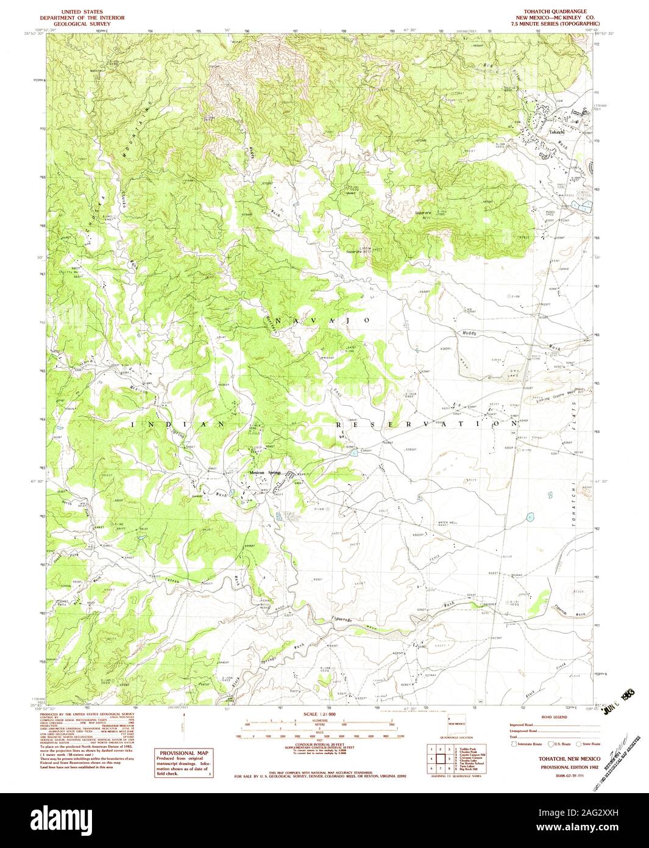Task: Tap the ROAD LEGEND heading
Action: pyautogui.click(x=554, y=717)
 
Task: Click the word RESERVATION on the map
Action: pyautogui.click(x=427, y=423)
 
